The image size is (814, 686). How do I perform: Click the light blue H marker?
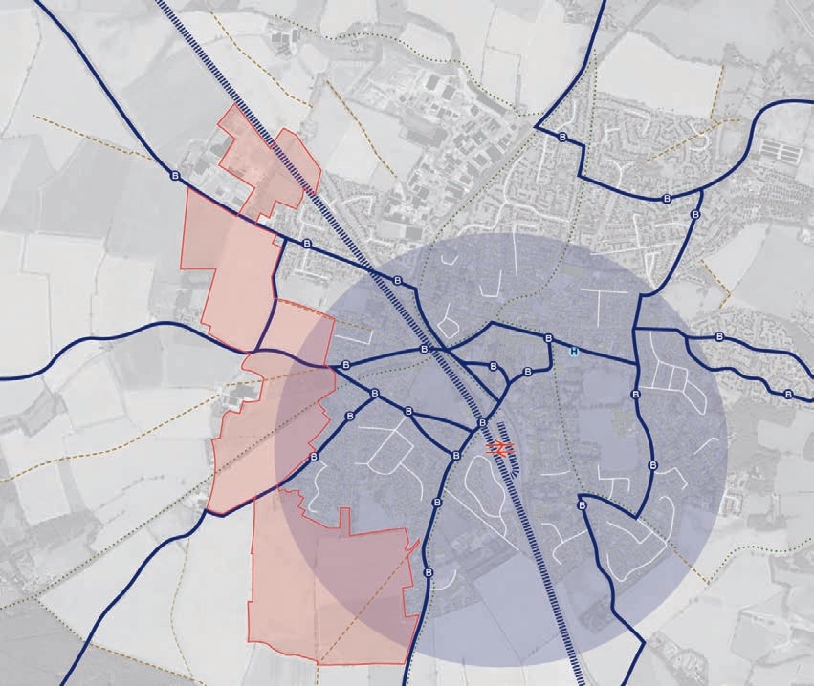click(x=574, y=352)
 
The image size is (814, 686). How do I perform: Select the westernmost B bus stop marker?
click(x=174, y=176)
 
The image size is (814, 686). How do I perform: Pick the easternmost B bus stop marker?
click(x=788, y=394)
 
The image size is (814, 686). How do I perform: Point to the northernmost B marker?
click(x=561, y=136)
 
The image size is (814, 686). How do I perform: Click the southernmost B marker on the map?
click(x=425, y=572)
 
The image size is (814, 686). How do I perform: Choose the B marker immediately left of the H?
click(x=548, y=338)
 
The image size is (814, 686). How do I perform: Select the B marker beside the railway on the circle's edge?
click(x=397, y=280)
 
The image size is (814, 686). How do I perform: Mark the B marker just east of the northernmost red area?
click(x=306, y=245)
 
